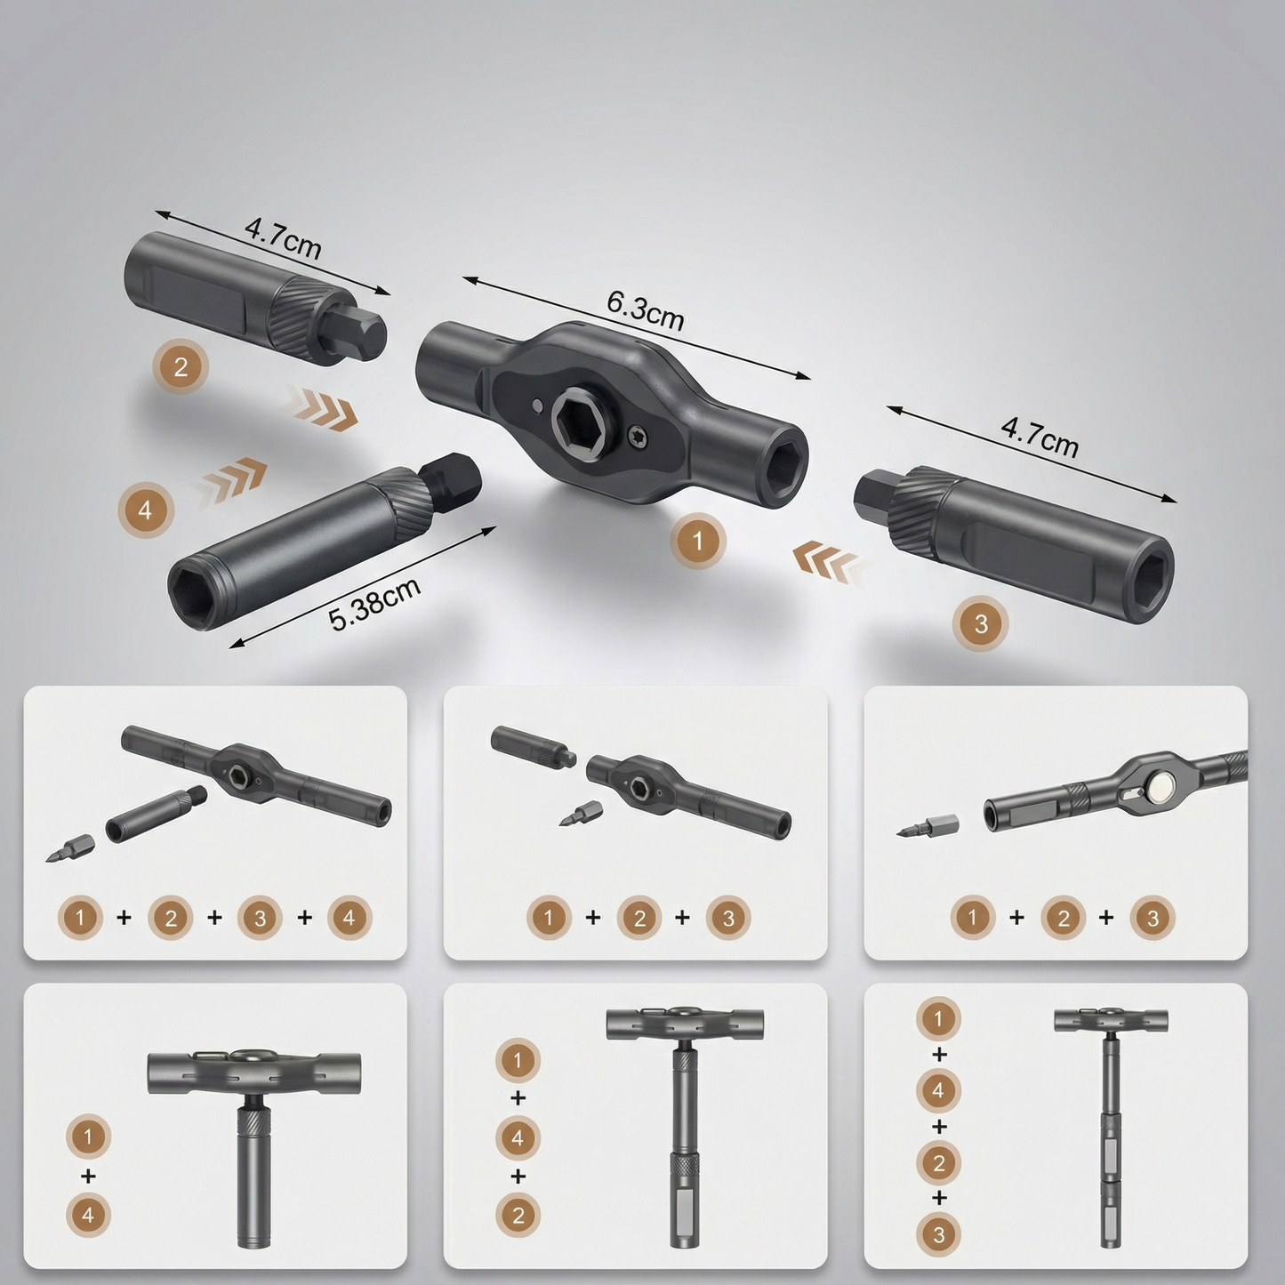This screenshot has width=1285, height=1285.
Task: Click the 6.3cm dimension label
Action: tap(645, 310)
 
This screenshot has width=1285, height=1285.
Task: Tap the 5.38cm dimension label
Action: tap(374, 604)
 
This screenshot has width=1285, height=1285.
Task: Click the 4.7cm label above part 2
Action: tap(283, 238)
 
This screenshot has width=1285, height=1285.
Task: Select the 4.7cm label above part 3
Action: tap(1039, 437)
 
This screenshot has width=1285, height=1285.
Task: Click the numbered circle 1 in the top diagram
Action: tap(697, 541)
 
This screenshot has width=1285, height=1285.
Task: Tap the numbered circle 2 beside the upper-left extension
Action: tap(180, 367)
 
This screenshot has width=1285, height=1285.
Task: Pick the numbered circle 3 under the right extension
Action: tap(980, 624)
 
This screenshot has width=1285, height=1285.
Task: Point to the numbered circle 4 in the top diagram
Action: tap(145, 510)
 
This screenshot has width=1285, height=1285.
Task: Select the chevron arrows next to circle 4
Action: tap(230, 479)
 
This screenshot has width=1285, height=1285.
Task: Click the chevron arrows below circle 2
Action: tap(318, 406)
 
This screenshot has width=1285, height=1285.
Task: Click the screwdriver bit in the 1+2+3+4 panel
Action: tap(70, 847)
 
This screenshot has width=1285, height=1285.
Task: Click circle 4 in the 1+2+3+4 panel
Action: tap(349, 919)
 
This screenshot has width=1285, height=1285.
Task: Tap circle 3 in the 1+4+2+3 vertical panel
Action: tap(938, 1235)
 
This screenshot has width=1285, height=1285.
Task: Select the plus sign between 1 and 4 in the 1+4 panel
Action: tap(88, 1175)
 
